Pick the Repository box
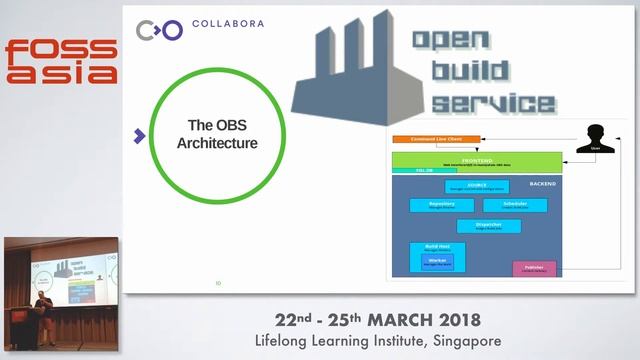click(x=441, y=205)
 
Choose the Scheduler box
click(x=514, y=205)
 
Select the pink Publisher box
click(x=534, y=268)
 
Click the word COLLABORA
click(x=227, y=23)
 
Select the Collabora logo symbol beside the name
click(x=160, y=30)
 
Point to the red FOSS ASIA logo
click(x=61, y=60)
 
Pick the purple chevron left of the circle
click(x=139, y=135)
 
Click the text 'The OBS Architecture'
click(x=217, y=135)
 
